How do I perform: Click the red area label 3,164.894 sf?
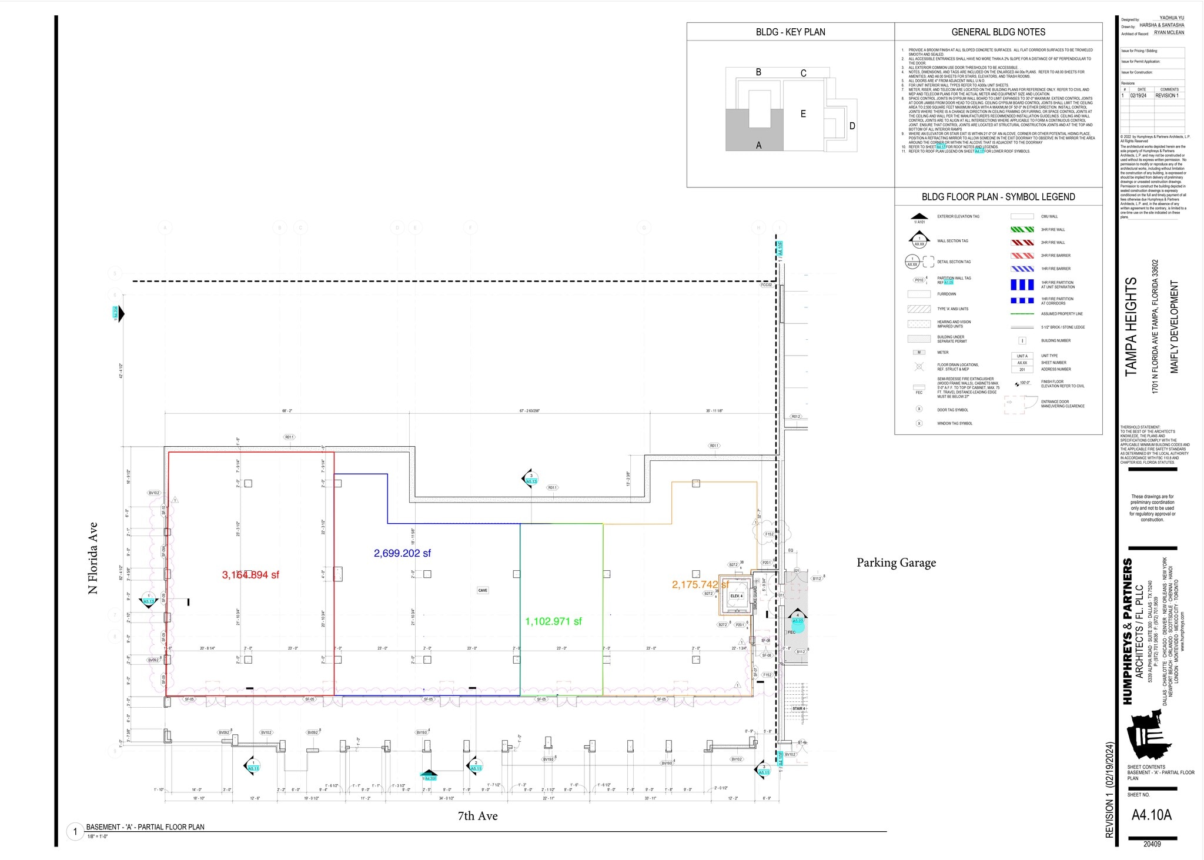pyautogui.click(x=250, y=575)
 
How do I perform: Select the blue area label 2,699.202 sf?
pyautogui.click(x=402, y=553)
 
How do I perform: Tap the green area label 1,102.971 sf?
pyautogui.click(x=553, y=621)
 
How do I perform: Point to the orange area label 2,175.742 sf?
pyautogui.click(x=700, y=584)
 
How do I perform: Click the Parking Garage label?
pyautogui.click(x=896, y=563)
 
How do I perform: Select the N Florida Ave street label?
pyautogui.click(x=93, y=558)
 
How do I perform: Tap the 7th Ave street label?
pyautogui.click(x=477, y=816)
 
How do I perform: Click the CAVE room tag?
pyautogui.click(x=483, y=590)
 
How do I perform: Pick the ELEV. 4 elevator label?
pyautogui.click(x=736, y=596)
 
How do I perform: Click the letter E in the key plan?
pyautogui.click(x=803, y=114)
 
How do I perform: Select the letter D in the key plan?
pyautogui.click(x=852, y=126)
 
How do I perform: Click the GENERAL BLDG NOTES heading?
pyautogui.click(x=998, y=32)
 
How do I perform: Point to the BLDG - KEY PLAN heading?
pyautogui.click(x=790, y=32)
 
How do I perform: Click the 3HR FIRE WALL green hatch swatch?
pyautogui.click(x=1022, y=230)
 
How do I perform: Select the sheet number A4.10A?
pyautogui.click(x=1151, y=815)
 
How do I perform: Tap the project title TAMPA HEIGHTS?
pyautogui.click(x=1131, y=327)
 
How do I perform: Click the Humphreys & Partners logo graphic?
pyautogui.click(x=1145, y=735)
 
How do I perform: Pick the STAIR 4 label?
pyautogui.click(x=798, y=708)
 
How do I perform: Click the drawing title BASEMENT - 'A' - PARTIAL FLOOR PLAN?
pyautogui.click(x=145, y=827)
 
